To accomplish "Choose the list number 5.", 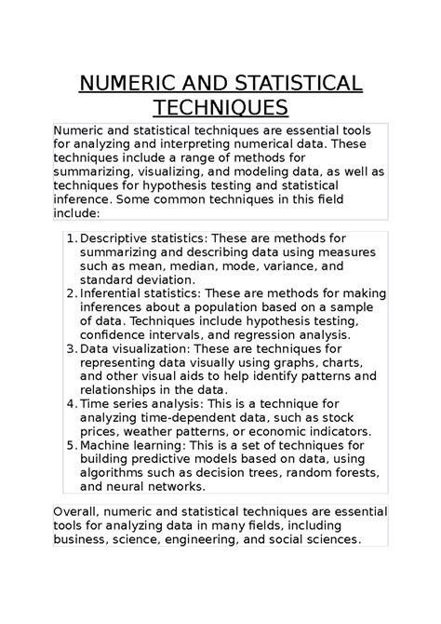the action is pos(71,446).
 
